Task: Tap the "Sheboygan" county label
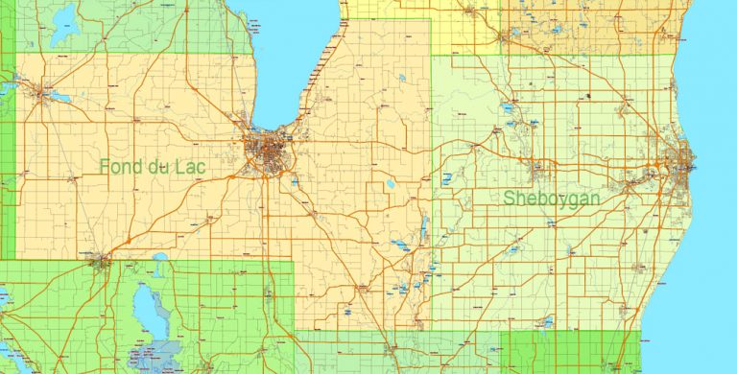pos(552,198)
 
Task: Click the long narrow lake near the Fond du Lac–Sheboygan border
pos(425,228)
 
